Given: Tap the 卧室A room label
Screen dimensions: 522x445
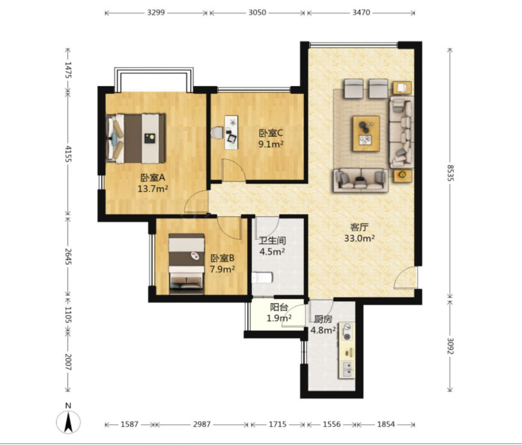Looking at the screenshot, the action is click(153, 178).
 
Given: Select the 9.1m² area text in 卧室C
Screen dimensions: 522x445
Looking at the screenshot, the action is click(271, 144).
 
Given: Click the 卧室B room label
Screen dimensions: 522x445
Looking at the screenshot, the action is click(222, 258).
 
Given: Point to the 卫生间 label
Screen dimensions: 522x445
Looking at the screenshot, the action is click(272, 240).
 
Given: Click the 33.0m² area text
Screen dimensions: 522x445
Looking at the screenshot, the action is click(359, 238).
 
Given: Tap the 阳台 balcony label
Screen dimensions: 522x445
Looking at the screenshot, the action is click(279, 307).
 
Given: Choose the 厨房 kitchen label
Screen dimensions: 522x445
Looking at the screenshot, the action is click(323, 319).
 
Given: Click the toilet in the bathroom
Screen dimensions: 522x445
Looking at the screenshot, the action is click(261, 278).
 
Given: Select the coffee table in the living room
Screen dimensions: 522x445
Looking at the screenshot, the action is click(366, 133).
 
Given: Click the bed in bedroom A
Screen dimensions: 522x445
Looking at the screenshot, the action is click(135, 138).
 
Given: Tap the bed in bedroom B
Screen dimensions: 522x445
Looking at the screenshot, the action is click(186, 263).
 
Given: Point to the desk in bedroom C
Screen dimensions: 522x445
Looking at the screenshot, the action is click(231, 132).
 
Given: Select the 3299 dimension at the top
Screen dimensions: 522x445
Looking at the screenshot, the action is click(156, 13).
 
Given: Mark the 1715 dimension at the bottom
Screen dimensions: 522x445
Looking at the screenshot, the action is click(278, 424).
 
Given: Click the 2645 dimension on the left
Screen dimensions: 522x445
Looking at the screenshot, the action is click(68, 256).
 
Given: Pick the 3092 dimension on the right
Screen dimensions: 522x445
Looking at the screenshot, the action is click(450, 346).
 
